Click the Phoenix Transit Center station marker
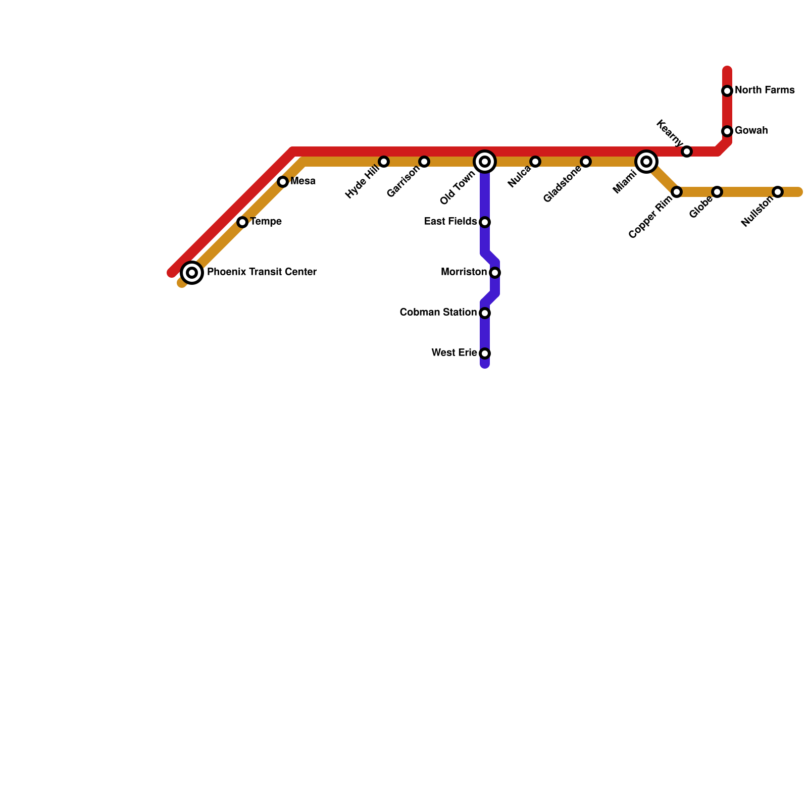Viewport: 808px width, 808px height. [192, 273]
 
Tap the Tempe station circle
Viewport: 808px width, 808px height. [242, 222]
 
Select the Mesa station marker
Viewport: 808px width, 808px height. [283, 182]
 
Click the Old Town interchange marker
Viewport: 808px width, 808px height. [485, 162]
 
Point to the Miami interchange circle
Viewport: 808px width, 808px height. [646, 162]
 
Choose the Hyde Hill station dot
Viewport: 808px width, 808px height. [384, 162]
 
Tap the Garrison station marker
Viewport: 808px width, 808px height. [424, 162]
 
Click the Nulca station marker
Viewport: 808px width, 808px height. [535, 162]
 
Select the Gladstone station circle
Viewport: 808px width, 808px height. [586, 162]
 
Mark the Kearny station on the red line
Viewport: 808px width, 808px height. [687, 151]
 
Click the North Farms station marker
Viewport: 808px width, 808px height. [727, 91]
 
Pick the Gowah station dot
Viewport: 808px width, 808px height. [727, 131]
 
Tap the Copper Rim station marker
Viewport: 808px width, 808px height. [677, 192]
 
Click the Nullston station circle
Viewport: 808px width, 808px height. [778, 192]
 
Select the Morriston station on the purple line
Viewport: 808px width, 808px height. [495, 273]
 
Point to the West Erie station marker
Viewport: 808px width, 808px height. [485, 353]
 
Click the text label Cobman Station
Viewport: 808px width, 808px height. [438, 313]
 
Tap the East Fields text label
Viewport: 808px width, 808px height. [450, 222]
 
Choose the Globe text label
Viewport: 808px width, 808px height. [701, 207]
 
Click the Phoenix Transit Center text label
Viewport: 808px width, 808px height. [262, 272]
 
